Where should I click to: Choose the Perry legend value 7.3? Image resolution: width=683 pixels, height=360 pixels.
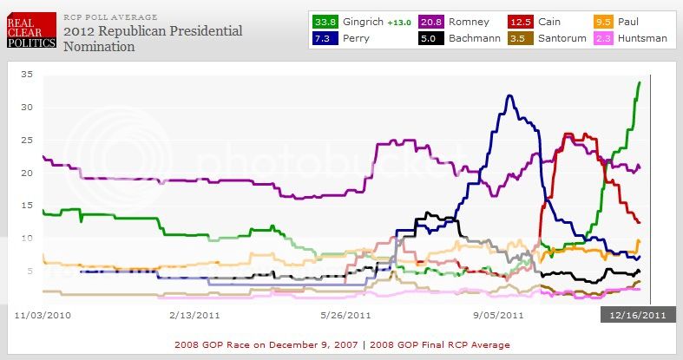tap(325, 39)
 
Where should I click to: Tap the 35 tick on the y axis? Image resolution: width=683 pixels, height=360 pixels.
tap(27, 75)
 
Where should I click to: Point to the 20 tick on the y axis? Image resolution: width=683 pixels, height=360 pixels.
tap(27, 173)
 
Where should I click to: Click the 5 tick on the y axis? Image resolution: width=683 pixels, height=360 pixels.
tap(30, 271)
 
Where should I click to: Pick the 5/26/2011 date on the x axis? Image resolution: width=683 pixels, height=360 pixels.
tap(346, 316)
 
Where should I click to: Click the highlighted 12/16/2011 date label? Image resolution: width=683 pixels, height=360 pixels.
tap(637, 316)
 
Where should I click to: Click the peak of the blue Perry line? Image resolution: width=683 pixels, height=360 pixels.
tap(509, 95)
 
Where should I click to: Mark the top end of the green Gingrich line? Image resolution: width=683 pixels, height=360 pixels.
tap(640, 82)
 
